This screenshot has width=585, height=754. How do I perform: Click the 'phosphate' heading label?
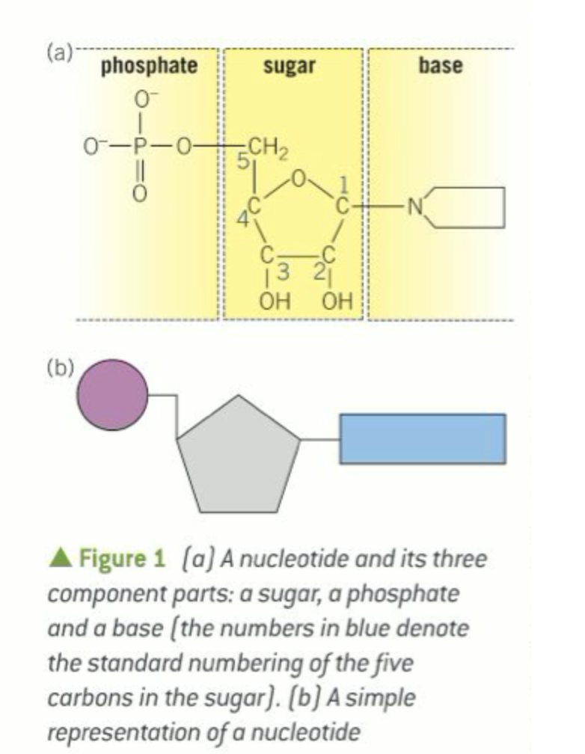150,66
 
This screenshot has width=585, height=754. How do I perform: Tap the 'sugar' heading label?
289,66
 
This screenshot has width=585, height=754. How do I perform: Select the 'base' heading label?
440,66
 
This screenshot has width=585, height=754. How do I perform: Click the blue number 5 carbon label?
242,160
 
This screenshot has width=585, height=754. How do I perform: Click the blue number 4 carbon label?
242,220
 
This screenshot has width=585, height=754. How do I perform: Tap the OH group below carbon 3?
269,304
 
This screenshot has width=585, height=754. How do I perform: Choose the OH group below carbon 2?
336,304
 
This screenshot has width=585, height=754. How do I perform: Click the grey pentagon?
238,457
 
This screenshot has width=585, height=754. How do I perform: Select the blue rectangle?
423,438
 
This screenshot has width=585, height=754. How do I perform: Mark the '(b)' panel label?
58,367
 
